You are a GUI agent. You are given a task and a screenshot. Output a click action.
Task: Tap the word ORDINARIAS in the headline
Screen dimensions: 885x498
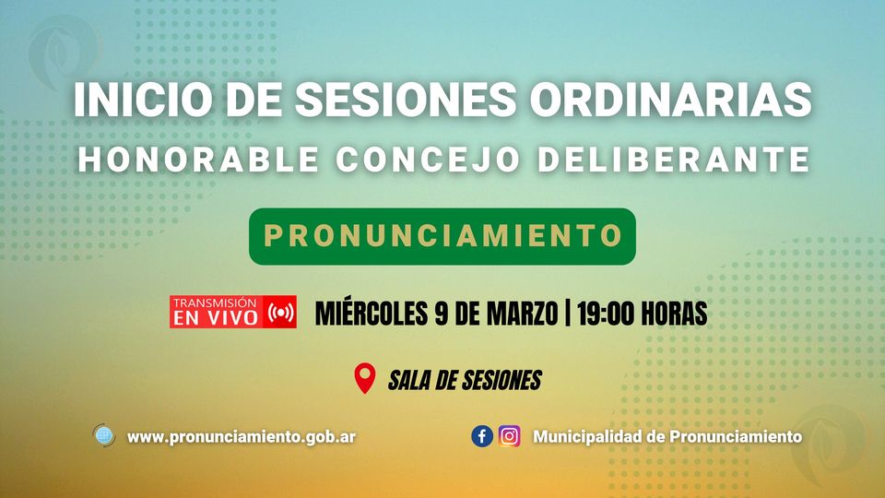pos(670,100)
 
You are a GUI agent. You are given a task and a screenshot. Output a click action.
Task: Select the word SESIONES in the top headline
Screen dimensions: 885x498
pos(406,100)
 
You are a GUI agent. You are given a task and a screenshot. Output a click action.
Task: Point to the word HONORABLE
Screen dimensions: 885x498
pos(198,160)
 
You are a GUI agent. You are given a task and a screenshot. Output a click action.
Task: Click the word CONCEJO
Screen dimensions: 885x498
pos(427,160)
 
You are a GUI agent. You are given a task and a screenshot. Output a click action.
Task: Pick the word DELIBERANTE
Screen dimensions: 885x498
pos(674,160)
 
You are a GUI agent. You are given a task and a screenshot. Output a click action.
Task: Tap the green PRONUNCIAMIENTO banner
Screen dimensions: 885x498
pos(442,236)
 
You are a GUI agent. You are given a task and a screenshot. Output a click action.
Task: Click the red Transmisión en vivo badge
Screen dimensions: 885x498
pos(233,312)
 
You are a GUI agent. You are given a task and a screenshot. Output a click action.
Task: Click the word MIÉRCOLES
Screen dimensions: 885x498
pos(372,314)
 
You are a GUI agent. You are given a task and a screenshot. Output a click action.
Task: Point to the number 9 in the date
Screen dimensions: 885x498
pos(442,314)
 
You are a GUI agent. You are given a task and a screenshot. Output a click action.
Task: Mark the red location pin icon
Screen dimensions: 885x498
pos(365,378)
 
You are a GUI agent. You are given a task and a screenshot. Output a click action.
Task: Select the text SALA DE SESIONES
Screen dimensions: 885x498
pos(465,381)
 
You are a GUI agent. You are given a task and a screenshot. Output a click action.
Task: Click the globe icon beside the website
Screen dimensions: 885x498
pos(104,436)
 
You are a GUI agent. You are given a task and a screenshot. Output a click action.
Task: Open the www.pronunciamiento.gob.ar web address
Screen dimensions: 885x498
pos(242,437)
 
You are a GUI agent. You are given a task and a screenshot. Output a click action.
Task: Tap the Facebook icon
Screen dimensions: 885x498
pos(482,436)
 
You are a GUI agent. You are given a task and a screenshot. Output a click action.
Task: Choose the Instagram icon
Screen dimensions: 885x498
pos(509,436)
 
